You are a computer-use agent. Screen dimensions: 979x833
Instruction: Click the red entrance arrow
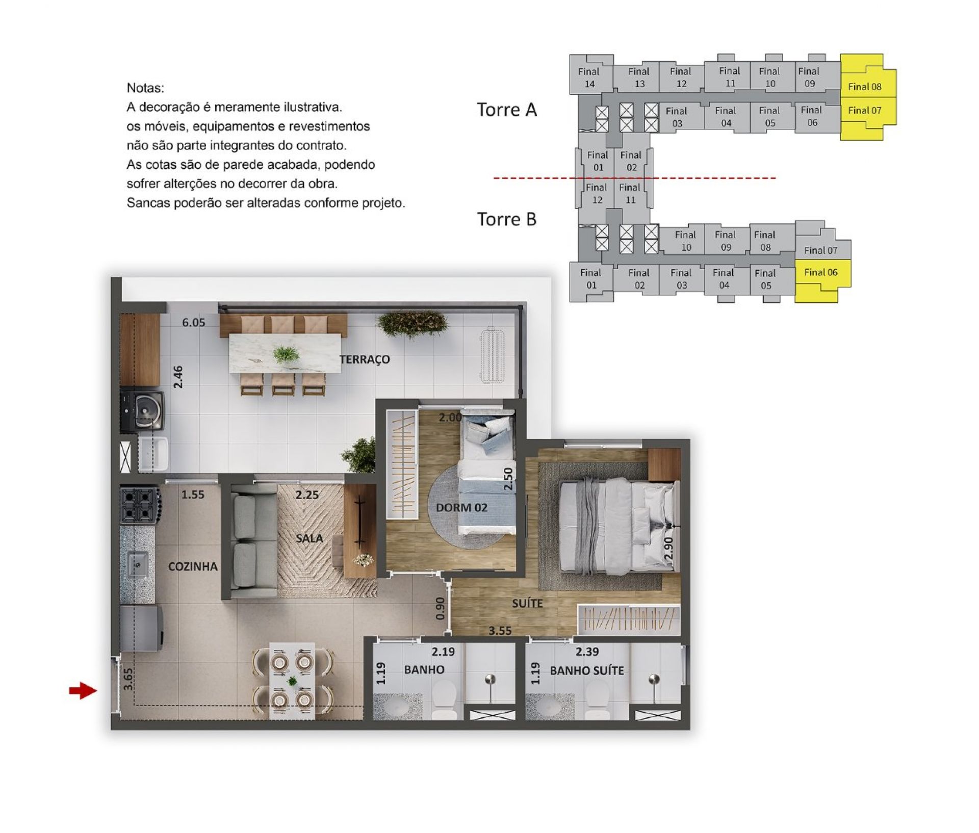(83, 691)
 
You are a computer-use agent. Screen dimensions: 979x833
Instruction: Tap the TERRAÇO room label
(365, 359)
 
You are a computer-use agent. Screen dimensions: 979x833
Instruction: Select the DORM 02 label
(461, 507)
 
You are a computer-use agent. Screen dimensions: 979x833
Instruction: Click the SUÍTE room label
(527, 603)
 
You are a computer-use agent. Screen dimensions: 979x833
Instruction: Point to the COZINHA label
(193, 566)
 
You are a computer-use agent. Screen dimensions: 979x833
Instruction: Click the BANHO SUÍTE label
(587, 670)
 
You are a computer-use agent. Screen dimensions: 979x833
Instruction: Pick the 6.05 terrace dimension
(194, 322)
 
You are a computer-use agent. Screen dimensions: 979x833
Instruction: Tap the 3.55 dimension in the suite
(500, 631)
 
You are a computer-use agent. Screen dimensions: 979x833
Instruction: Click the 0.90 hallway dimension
(440, 609)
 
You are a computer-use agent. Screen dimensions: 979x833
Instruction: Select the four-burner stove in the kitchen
(139, 505)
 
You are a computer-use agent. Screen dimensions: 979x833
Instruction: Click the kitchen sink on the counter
(137, 564)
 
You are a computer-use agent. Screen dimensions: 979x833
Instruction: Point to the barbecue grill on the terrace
(143, 411)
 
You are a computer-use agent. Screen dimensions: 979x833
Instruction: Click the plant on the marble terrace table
(286, 353)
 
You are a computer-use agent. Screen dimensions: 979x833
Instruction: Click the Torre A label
(507, 110)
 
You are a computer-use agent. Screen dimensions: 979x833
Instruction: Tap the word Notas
(145, 88)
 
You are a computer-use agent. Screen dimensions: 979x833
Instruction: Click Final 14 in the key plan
(589, 77)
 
